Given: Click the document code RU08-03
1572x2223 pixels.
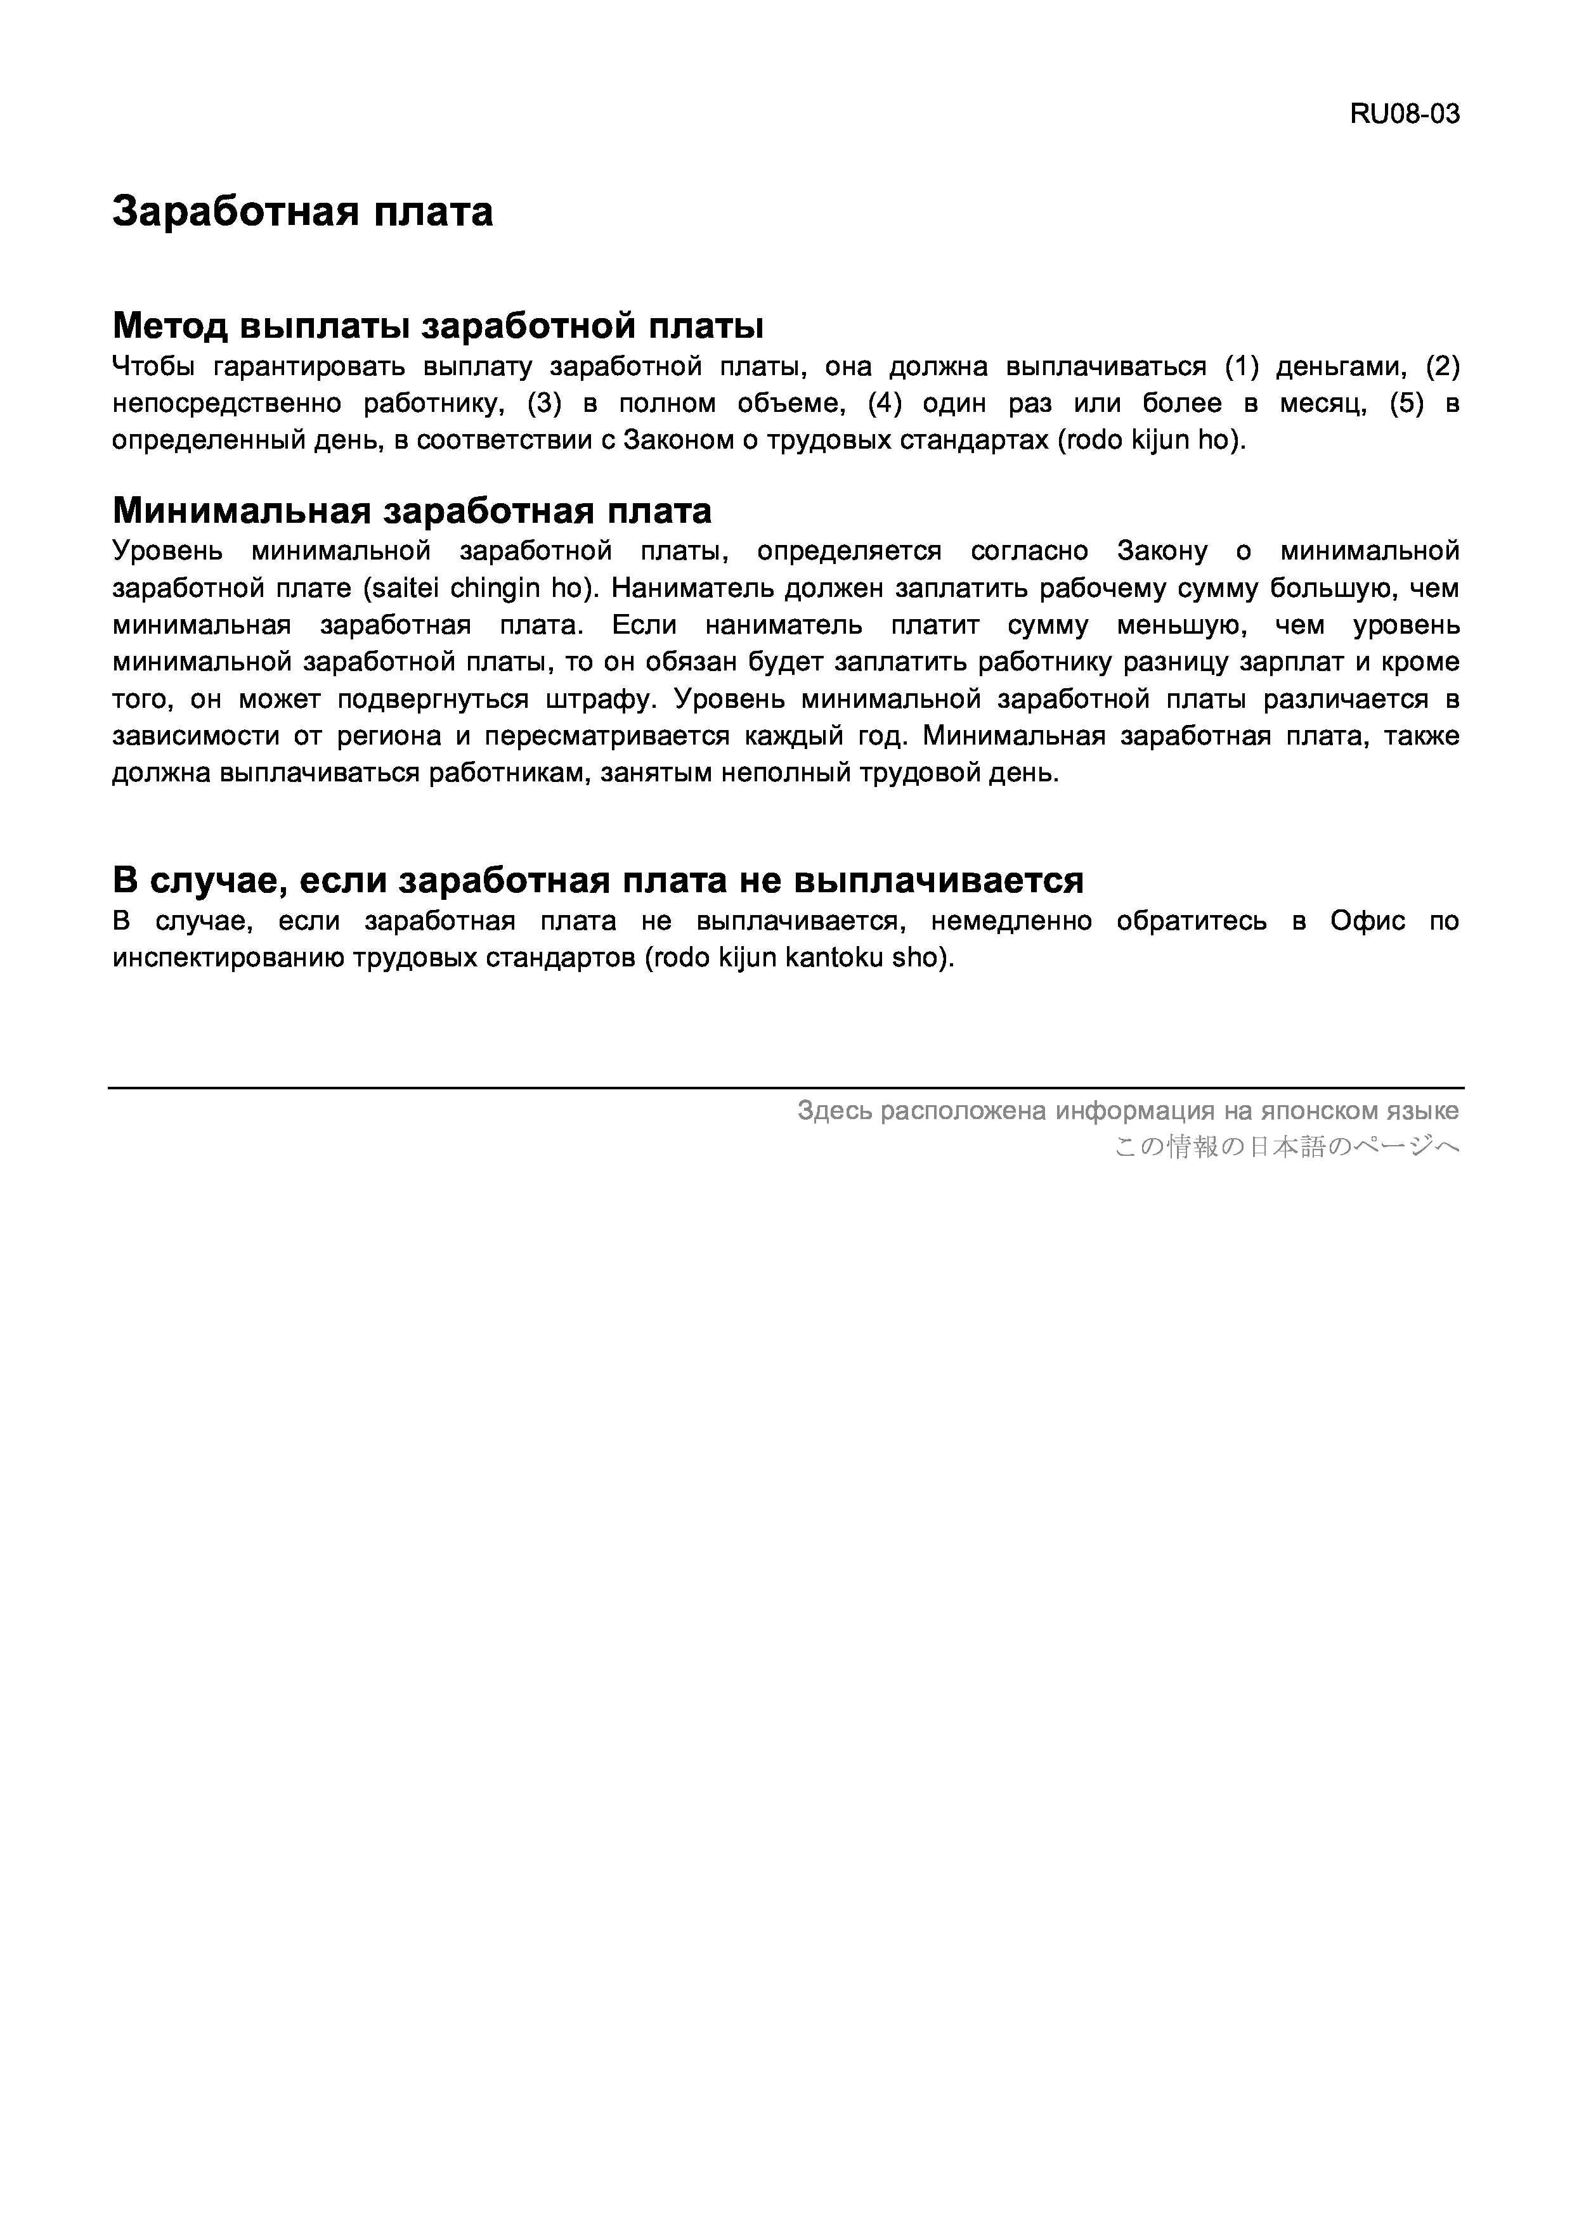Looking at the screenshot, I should tap(1405, 114).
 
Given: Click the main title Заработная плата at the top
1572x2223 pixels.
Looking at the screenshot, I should tap(302, 211).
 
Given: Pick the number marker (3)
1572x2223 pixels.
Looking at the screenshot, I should tap(544, 404).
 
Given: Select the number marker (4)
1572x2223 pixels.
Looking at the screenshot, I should tap(885, 404).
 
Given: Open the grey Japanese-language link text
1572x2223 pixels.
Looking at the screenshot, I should tap(1287, 1148).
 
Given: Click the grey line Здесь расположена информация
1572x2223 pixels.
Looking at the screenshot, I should tap(1127, 1110).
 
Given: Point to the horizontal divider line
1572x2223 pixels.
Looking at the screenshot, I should tap(786, 1087).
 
